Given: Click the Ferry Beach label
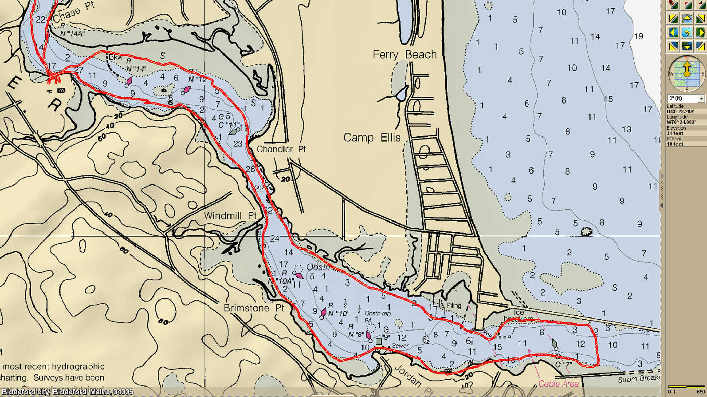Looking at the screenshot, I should pyautogui.click(x=405, y=55).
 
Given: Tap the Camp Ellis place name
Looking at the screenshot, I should pyautogui.click(x=372, y=138).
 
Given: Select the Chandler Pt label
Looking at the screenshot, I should pyautogui.click(x=281, y=149).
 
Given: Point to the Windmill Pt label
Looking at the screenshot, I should pyautogui.click(x=230, y=216).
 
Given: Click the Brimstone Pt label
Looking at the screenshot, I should pyautogui.click(x=254, y=308).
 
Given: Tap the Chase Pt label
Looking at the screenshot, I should pyautogui.click(x=74, y=12).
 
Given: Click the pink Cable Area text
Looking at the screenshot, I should pyautogui.click(x=558, y=384).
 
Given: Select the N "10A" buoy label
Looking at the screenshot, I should pyautogui.click(x=281, y=281).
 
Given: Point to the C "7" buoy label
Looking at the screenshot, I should pyautogui.click(x=563, y=365).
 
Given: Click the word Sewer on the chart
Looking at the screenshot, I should pyautogui.click(x=400, y=345).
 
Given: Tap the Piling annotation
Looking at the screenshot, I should pyautogui.click(x=454, y=306).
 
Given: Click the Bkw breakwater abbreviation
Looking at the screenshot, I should pyautogui.click(x=115, y=57).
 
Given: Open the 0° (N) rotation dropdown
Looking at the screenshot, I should pyautogui.click(x=701, y=98).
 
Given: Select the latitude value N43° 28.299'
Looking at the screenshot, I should pyautogui.click(x=680, y=111).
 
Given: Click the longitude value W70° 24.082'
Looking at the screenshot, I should pyautogui.click(x=681, y=122).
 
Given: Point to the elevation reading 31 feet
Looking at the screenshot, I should pyautogui.click(x=675, y=133).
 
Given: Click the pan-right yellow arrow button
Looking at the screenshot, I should pyautogui.click(x=700, y=32).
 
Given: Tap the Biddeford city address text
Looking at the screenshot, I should pyautogui.click(x=67, y=392).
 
